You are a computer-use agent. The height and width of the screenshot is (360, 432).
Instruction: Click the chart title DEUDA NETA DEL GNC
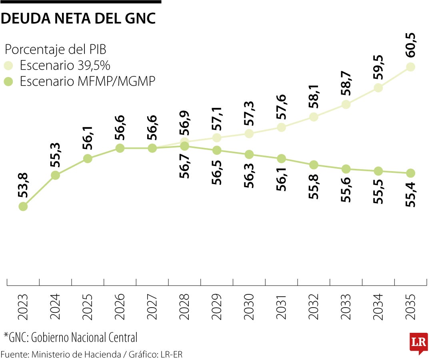click(78, 18)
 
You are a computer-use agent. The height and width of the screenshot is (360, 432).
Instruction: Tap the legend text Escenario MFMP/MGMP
click(87, 81)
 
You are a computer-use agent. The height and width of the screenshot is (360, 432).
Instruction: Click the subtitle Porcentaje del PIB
click(55, 50)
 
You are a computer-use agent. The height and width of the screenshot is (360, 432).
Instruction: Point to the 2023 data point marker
click(23, 206)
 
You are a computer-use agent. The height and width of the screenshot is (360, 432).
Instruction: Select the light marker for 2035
click(410, 67)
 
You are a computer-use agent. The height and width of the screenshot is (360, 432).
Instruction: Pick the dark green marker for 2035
click(410, 173)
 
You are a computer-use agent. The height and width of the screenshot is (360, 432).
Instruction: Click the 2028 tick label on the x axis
click(184, 307)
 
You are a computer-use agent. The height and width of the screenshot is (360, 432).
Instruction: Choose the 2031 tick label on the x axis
click(281, 307)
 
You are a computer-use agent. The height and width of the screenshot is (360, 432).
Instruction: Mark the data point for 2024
click(56, 175)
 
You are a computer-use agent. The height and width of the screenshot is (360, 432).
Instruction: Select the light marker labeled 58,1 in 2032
click(314, 117)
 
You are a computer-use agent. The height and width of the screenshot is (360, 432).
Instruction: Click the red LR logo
click(418, 342)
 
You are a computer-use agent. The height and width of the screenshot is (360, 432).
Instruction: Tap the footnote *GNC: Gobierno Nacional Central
click(70, 337)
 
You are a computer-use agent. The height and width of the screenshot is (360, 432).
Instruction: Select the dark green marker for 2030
click(249, 154)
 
